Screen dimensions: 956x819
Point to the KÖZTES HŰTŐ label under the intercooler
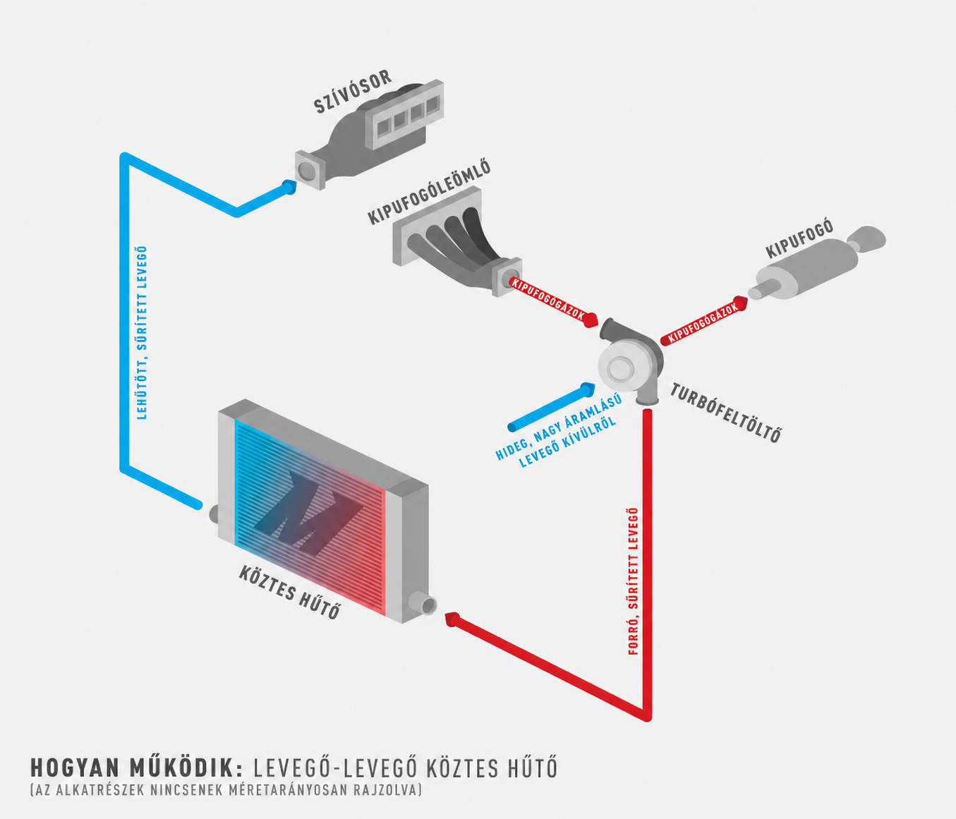(x=289, y=593)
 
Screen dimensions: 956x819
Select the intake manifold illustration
(x=369, y=134)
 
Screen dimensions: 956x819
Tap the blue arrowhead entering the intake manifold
(x=289, y=188)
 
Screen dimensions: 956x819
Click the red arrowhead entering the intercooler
(x=452, y=619)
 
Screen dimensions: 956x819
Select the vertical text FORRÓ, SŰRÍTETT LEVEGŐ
(x=633, y=581)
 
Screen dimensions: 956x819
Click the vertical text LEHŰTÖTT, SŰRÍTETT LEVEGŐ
(x=142, y=332)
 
